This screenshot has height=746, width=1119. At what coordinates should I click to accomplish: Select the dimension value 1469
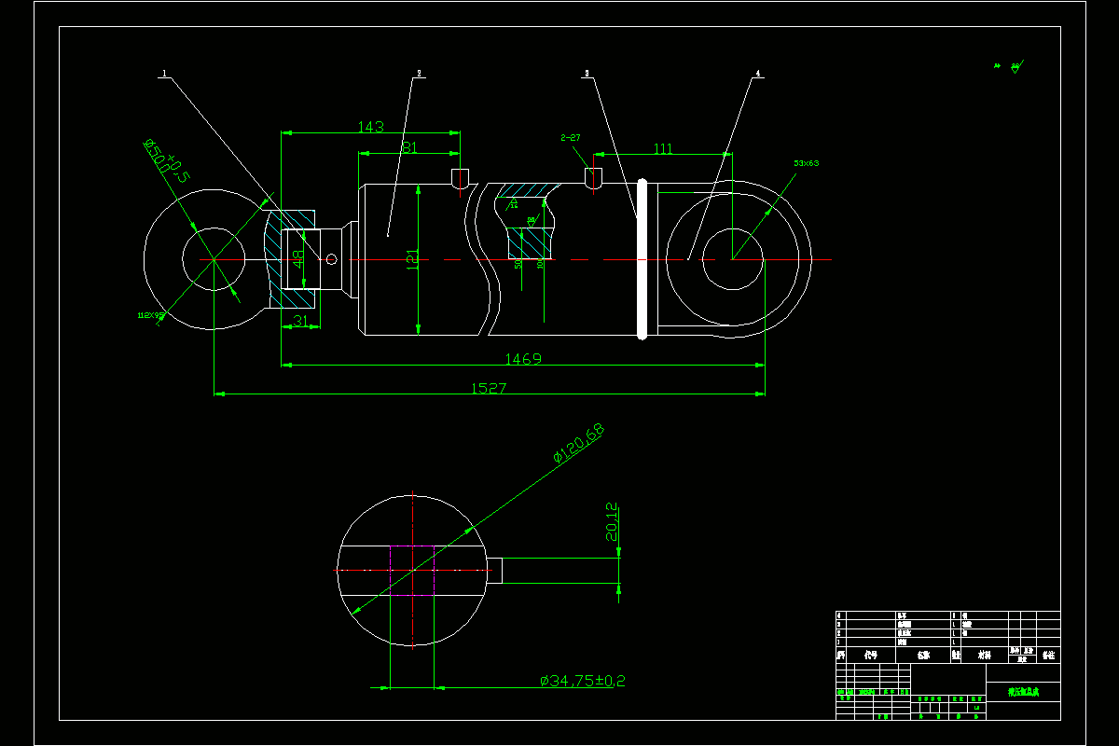point(522,359)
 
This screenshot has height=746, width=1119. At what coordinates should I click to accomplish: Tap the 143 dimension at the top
point(370,127)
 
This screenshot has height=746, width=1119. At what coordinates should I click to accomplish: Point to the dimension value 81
point(408,147)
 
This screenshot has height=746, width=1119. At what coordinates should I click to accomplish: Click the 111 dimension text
point(663,148)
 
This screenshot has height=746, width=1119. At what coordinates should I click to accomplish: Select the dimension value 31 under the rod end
point(300,321)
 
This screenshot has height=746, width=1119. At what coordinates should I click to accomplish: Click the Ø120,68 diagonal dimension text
point(578,443)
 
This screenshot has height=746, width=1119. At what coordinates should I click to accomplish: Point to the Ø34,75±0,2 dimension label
point(582,682)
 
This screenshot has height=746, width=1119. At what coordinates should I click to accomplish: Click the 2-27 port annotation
point(570,138)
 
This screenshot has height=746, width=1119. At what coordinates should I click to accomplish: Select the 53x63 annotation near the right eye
point(806,163)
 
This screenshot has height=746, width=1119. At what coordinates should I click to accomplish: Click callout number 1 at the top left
point(164,73)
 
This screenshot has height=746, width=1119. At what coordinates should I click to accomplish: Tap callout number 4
point(757,73)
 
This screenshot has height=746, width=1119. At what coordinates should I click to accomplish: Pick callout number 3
point(587,73)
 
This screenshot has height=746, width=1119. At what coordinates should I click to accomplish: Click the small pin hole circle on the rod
point(330,259)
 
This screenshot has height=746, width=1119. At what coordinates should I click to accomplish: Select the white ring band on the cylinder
point(642,258)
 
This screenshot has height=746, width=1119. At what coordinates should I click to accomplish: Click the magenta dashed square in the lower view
point(411,570)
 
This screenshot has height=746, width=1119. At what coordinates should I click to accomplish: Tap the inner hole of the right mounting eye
point(732,258)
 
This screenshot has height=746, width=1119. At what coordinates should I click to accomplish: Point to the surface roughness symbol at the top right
point(1015,67)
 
